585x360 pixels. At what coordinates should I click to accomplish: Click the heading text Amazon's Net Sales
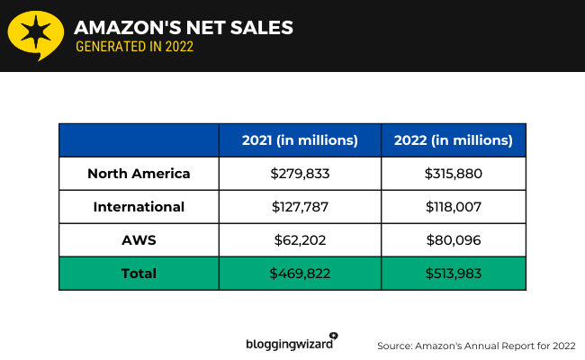pyautogui.click(x=184, y=28)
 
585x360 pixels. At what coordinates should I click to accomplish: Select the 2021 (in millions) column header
pyautogui.click(x=300, y=140)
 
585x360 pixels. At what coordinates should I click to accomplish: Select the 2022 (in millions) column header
pyautogui.click(x=454, y=140)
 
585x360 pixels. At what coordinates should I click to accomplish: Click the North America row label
pyautogui.click(x=139, y=174)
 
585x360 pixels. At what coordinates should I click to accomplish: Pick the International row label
pyautogui.click(x=139, y=207)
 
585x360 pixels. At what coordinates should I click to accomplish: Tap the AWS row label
pyautogui.click(x=139, y=240)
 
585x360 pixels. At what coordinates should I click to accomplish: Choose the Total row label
pyautogui.click(x=139, y=274)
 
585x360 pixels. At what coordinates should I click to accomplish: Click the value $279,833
pyautogui.click(x=300, y=174)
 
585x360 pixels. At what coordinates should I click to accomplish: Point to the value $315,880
pyautogui.click(x=454, y=174)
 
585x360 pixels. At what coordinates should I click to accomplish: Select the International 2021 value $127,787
pyautogui.click(x=300, y=207)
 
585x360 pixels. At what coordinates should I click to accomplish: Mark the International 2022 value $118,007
pyautogui.click(x=454, y=207)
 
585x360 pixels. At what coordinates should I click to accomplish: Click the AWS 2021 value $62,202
pyautogui.click(x=300, y=240)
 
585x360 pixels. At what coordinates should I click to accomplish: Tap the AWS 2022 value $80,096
pyautogui.click(x=454, y=240)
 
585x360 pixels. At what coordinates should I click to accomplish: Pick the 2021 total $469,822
pyautogui.click(x=300, y=274)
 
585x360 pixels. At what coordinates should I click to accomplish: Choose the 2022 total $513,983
pyautogui.click(x=454, y=274)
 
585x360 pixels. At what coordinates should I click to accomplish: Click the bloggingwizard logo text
pyautogui.click(x=290, y=344)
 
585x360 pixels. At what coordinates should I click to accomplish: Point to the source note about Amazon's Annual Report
pyautogui.click(x=476, y=345)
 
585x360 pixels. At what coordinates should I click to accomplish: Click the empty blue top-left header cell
pyautogui.click(x=139, y=140)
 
